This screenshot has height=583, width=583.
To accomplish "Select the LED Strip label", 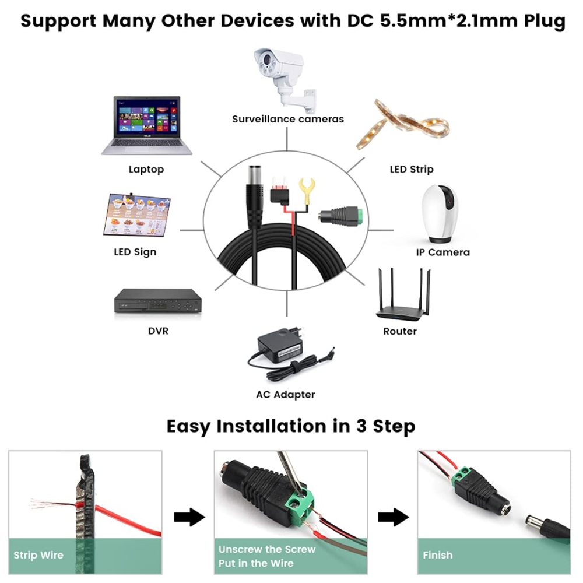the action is (x=412, y=170).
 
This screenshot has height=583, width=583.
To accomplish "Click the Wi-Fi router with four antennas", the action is (x=403, y=295).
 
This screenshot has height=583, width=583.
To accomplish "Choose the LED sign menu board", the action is (x=136, y=215).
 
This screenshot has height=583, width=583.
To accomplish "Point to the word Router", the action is (x=400, y=331).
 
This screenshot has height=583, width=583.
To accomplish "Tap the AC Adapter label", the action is (x=286, y=395).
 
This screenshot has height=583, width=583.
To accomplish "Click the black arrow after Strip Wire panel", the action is (x=189, y=517).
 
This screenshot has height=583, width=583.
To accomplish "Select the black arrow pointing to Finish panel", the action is (x=394, y=517).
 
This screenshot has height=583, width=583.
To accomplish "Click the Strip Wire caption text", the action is (x=38, y=556).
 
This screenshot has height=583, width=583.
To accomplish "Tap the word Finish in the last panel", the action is (x=438, y=555).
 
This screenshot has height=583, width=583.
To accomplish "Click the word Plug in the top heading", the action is (x=545, y=21).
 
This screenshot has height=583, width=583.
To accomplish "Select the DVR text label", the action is (x=158, y=331).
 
